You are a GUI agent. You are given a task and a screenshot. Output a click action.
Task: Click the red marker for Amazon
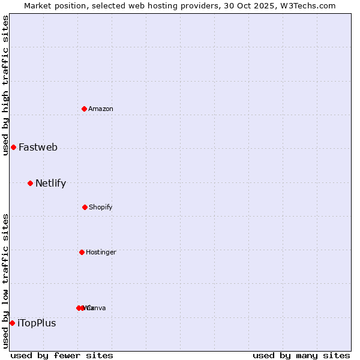[x=85, y=109]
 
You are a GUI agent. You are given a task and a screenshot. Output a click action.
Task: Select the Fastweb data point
[x=13, y=147]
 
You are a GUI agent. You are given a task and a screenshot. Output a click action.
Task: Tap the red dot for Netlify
[x=30, y=183]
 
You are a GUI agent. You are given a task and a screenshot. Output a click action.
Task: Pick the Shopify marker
[x=85, y=207]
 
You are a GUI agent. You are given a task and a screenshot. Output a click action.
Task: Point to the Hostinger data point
[x=82, y=252]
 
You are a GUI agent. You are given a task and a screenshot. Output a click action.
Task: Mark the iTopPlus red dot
[x=12, y=323]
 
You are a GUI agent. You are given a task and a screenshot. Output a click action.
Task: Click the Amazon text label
[x=101, y=109]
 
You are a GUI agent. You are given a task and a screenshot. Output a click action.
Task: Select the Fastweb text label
[x=38, y=147]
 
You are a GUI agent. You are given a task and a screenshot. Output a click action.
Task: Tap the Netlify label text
[x=50, y=183]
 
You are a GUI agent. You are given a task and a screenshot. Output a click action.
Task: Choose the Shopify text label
[x=101, y=207]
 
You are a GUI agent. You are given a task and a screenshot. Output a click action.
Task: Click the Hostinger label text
[x=101, y=252]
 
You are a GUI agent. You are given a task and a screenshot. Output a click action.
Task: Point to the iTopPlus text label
[x=37, y=323]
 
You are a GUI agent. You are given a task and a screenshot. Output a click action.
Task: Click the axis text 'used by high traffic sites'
[x=5, y=85]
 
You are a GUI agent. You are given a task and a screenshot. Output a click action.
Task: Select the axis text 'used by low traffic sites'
[x=5, y=281]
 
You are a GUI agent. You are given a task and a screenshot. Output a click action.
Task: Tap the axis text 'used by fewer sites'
[x=62, y=355]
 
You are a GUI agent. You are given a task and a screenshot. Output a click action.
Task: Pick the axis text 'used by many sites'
[x=301, y=355]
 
